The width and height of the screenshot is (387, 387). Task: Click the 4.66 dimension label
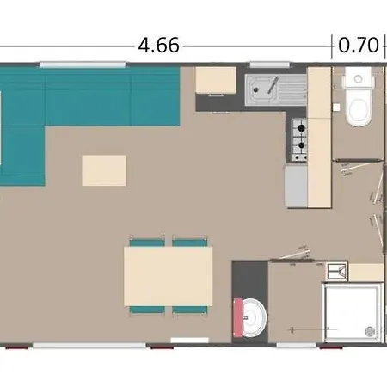[158, 46]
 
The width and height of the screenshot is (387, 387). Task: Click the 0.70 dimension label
[359, 46]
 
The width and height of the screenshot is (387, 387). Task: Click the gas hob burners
[299, 139]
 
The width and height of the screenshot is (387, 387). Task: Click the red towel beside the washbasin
[237, 317]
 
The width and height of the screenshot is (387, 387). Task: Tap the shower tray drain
[370, 331]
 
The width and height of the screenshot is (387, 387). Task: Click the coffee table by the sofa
[104, 170]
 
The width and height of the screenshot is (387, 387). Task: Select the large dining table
[169, 276]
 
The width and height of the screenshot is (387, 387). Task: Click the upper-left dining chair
[147, 242]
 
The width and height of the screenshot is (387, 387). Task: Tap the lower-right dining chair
[190, 310]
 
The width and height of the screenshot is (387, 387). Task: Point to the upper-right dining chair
[190, 242]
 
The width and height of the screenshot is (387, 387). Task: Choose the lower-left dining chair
[147, 310]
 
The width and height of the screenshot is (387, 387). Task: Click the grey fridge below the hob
[296, 186]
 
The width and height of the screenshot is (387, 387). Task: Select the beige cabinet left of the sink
[216, 80]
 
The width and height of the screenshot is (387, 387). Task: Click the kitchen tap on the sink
[273, 85]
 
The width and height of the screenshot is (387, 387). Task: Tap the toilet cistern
[358, 78]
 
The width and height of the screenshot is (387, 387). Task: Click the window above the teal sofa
[83, 64]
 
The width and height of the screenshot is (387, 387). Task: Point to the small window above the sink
[269, 64]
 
